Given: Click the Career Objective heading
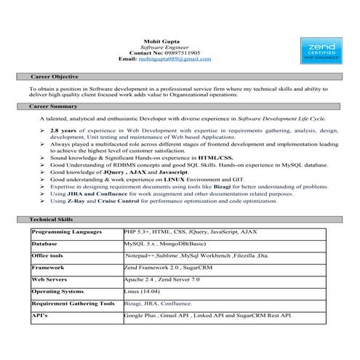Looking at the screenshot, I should coord(55,76).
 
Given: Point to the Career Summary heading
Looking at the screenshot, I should coord(54,106).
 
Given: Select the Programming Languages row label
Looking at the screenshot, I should coord(66,232).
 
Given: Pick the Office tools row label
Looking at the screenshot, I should coord(48,256).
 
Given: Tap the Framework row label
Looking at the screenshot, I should coord(48,268).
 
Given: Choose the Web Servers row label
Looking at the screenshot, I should coord(50,279).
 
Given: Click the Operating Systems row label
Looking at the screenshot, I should coord(57,291).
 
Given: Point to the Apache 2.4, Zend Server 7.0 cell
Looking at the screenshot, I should coord(171,279).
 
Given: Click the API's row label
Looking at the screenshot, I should coord(40,315).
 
